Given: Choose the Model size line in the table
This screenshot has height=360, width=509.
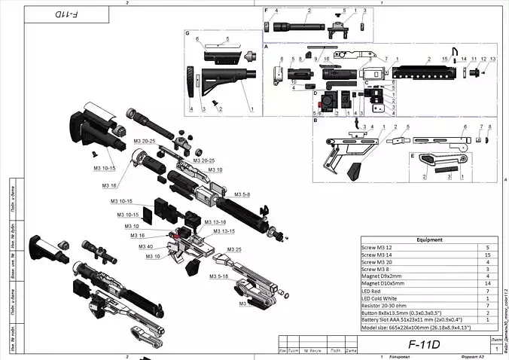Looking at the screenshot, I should click(416, 327).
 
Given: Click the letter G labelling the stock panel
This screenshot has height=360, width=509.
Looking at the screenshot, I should click(187, 34).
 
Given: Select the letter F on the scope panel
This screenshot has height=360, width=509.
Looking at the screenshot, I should click(267, 9).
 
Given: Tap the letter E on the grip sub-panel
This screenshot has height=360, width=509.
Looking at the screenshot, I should click(412, 155).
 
